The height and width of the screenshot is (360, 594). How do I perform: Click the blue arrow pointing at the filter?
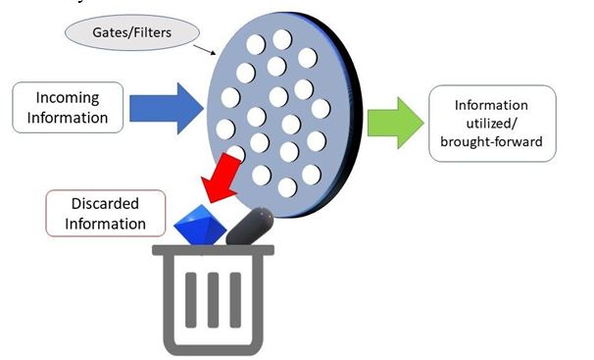[x=166, y=108]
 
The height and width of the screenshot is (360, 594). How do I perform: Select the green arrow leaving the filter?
[x=395, y=123]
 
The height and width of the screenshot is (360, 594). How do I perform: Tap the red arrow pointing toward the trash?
[x=222, y=178]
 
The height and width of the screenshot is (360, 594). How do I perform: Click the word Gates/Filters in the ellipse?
[x=131, y=32]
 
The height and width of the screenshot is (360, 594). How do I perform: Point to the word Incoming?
[x=68, y=98]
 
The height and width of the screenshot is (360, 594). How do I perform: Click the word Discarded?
[x=105, y=203]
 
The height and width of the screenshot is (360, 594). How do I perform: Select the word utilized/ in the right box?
[x=492, y=124]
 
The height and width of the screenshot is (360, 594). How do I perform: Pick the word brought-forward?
[x=491, y=141]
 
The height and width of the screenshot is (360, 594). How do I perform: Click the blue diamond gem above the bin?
[x=200, y=225]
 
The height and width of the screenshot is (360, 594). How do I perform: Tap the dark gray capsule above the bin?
[x=250, y=227]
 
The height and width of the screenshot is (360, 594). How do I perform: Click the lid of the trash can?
[x=213, y=250]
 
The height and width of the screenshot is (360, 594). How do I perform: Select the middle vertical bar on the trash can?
[x=213, y=300]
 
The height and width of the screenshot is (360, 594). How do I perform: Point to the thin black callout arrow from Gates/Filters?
[x=205, y=50]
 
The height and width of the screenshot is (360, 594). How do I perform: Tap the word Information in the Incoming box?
[x=68, y=118]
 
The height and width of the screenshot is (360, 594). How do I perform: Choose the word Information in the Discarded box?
[x=105, y=224]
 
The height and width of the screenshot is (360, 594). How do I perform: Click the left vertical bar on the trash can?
[x=190, y=300]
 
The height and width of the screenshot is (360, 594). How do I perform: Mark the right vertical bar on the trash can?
[x=235, y=300]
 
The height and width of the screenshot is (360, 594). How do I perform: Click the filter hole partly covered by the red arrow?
[x=235, y=153]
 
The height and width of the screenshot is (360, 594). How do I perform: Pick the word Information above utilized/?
[x=491, y=105]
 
